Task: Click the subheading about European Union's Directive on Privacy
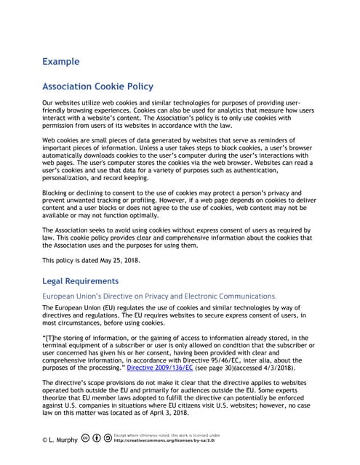(x=159, y=296)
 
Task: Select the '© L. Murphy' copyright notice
(x=60, y=440)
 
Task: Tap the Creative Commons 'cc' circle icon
(x=86, y=438)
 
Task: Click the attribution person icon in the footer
(x=97, y=438)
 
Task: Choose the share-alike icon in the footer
(x=108, y=438)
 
